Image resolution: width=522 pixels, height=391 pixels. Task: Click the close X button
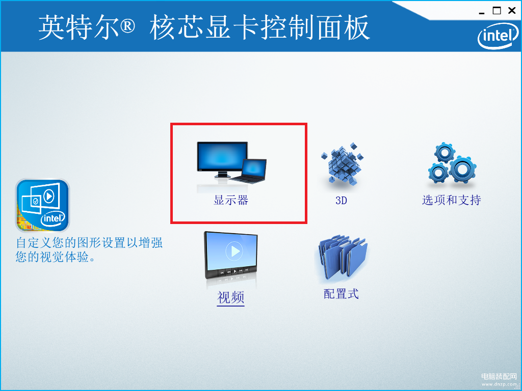point(512,11)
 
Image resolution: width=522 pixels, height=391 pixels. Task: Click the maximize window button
point(497,11)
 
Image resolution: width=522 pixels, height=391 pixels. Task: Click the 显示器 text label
point(231,200)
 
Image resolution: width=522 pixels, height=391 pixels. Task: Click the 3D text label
point(341,201)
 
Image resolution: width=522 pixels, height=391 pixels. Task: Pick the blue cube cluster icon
point(342,163)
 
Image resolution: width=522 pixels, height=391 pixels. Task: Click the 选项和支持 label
point(452,200)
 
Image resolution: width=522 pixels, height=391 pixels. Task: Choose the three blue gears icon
point(452,163)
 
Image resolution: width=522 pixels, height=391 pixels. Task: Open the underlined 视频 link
point(231,297)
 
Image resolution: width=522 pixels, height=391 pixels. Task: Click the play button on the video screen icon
point(234,251)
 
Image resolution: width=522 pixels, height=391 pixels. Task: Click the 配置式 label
point(341,294)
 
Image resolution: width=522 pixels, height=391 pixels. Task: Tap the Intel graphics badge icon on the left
point(42,205)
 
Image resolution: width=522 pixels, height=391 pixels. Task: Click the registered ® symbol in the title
point(127,26)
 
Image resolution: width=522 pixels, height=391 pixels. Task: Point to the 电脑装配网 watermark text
point(499,376)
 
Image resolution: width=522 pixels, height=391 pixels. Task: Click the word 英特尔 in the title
point(79,27)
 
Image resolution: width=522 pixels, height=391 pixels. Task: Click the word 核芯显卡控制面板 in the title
point(260,27)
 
